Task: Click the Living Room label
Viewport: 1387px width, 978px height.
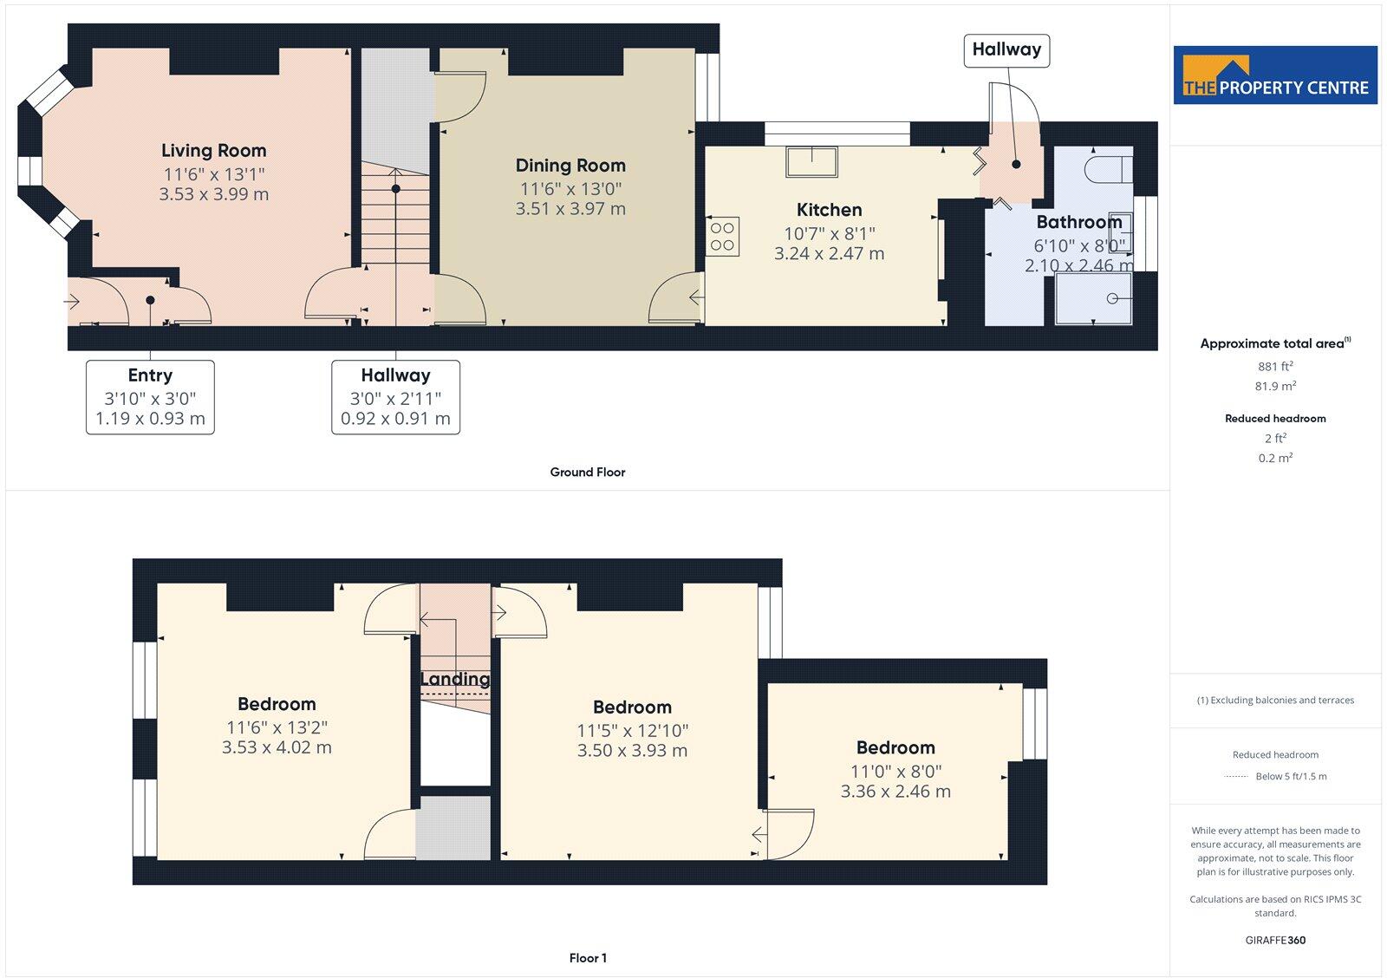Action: (x=213, y=151)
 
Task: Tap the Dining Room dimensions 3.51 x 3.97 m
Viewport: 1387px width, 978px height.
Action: (x=570, y=209)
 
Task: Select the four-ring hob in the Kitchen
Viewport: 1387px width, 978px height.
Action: (x=723, y=236)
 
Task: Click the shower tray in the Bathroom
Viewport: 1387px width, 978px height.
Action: (x=1094, y=300)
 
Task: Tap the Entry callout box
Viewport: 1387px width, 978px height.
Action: (x=150, y=397)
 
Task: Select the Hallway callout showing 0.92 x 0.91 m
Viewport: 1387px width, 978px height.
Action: (x=395, y=397)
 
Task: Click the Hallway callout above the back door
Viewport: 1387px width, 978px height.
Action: (x=1006, y=50)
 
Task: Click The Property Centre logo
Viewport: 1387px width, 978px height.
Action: (x=1275, y=75)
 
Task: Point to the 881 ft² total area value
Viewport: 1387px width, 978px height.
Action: (x=1275, y=367)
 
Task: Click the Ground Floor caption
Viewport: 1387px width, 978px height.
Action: (x=587, y=473)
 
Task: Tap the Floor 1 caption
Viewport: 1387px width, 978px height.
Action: (x=587, y=958)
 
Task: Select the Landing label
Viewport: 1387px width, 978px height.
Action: (x=455, y=679)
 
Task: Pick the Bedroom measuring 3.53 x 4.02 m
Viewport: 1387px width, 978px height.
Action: (x=277, y=726)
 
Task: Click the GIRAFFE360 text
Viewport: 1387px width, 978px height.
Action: (x=1275, y=940)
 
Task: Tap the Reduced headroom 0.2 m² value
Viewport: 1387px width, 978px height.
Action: (x=1275, y=458)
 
